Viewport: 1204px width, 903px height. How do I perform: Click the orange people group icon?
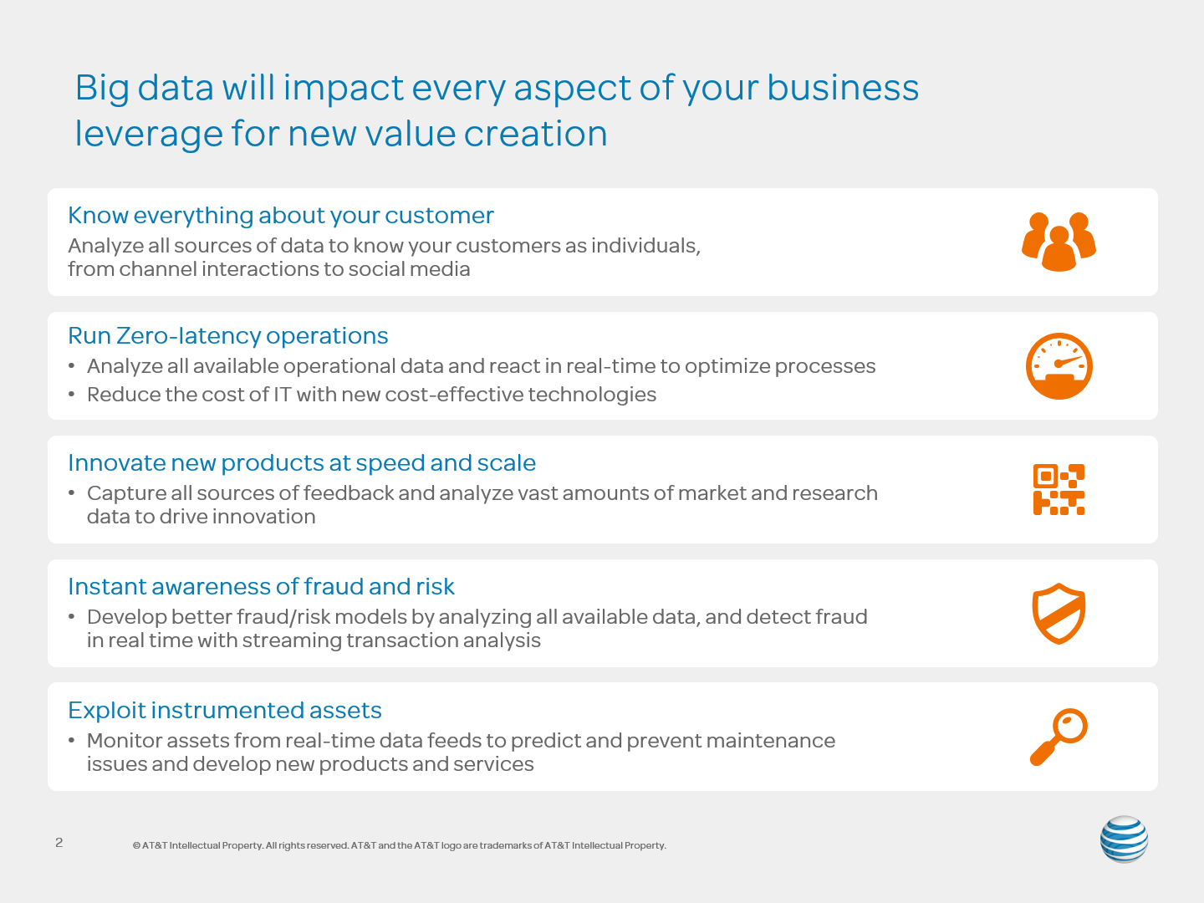tap(1059, 242)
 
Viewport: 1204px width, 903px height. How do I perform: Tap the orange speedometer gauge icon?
tap(1059, 365)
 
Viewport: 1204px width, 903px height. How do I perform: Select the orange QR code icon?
tap(1059, 490)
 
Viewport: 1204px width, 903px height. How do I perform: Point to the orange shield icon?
tap(1059, 614)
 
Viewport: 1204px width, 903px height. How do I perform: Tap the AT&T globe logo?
tap(1124, 839)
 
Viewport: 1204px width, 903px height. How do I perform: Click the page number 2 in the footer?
tap(59, 843)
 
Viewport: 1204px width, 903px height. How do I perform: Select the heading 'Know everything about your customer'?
tap(281, 216)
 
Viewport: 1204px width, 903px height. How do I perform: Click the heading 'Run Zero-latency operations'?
tap(228, 335)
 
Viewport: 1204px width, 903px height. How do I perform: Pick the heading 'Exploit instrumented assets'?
tap(225, 710)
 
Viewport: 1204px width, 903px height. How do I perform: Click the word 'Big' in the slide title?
tap(102, 89)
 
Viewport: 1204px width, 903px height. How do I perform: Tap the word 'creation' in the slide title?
tap(535, 133)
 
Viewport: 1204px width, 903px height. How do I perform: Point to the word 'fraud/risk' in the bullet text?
tap(283, 617)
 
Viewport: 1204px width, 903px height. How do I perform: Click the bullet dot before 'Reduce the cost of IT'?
tap(71, 394)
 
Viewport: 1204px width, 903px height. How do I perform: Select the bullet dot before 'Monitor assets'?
tap(71, 740)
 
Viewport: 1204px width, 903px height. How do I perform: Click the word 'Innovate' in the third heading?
tap(115, 462)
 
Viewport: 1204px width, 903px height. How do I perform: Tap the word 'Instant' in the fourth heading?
tap(106, 587)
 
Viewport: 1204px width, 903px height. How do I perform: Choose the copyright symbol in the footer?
tap(136, 845)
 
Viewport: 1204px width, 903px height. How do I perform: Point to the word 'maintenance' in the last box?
tap(770, 741)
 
